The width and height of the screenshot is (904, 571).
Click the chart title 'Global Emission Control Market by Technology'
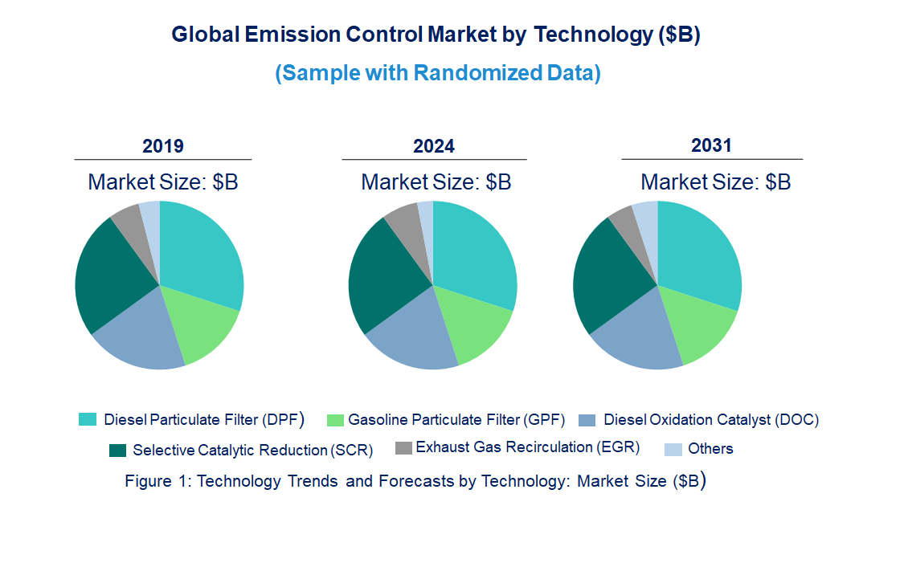436,35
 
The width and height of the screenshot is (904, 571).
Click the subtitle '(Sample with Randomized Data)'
438,73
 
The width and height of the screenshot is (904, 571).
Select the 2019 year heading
163,146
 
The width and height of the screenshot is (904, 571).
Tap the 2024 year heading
434,146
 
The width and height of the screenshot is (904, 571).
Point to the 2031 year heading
711,145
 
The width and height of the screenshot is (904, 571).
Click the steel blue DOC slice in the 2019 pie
145,333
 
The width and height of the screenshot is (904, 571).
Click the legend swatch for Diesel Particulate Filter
87,419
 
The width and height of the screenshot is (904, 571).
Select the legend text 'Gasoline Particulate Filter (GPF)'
456,419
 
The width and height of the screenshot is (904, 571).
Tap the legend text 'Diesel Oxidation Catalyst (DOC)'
710,419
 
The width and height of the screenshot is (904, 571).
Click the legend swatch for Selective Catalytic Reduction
117,450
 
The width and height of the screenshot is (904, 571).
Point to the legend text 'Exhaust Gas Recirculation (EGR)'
527,447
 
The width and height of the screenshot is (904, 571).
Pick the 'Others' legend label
710,449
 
